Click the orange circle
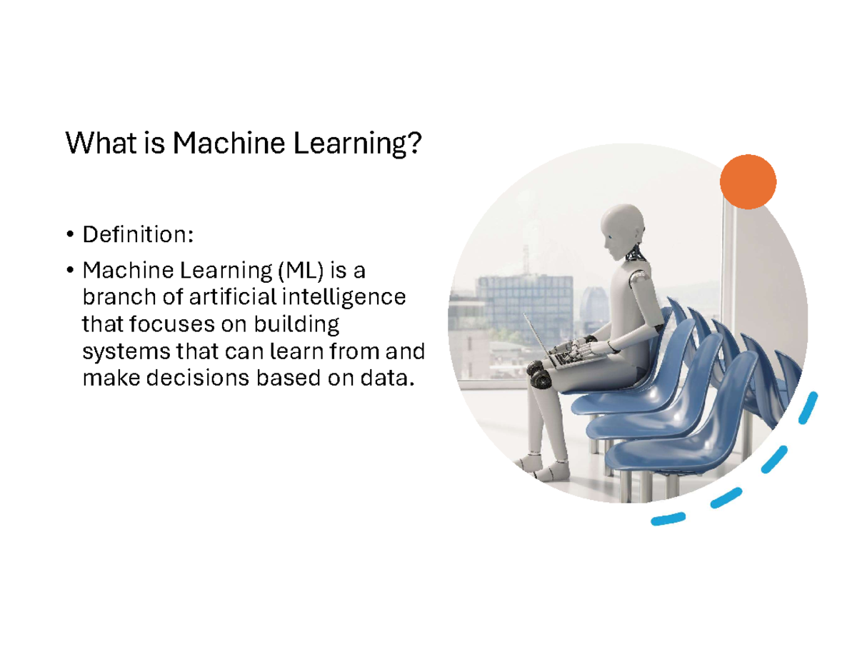pos(748,181)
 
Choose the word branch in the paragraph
pos(114,297)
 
